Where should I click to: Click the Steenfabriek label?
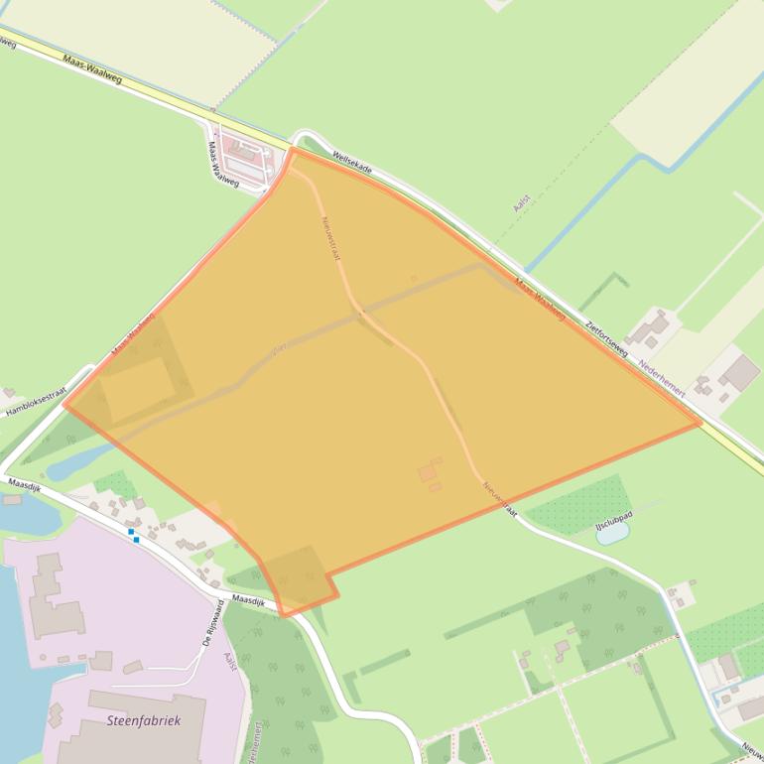click(x=143, y=721)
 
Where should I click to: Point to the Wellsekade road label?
click(x=353, y=163)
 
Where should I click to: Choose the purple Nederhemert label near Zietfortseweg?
click(x=662, y=378)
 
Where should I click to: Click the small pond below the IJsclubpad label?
click(x=612, y=534)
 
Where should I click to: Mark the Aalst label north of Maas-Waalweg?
click(x=522, y=202)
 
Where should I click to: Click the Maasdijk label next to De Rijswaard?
click(x=249, y=601)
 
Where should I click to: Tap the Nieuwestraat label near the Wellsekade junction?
click(x=331, y=238)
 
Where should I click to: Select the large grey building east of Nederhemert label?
click(x=739, y=373)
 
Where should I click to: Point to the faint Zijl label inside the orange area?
click(x=279, y=351)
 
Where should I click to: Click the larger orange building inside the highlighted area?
click(x=428, y=473)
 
